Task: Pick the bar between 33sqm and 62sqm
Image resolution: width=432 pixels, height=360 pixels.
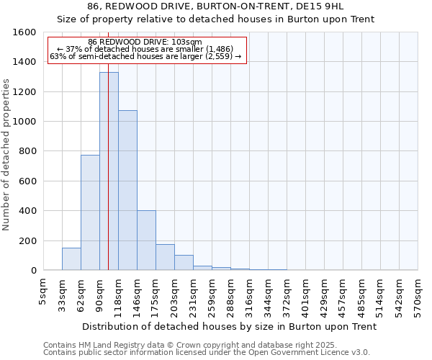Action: tap(71, 259)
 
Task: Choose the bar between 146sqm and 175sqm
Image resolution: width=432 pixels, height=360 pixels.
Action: tap(146, 240)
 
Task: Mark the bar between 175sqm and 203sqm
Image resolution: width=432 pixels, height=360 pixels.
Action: tap(165, 257)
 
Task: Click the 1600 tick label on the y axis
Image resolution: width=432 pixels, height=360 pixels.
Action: tap(24, 32)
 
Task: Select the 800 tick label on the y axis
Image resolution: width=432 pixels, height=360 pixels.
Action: tap(27, 151)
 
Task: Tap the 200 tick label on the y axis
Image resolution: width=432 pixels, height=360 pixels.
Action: tap(27, 240)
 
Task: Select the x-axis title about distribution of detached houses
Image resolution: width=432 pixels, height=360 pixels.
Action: tap(230, 327)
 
